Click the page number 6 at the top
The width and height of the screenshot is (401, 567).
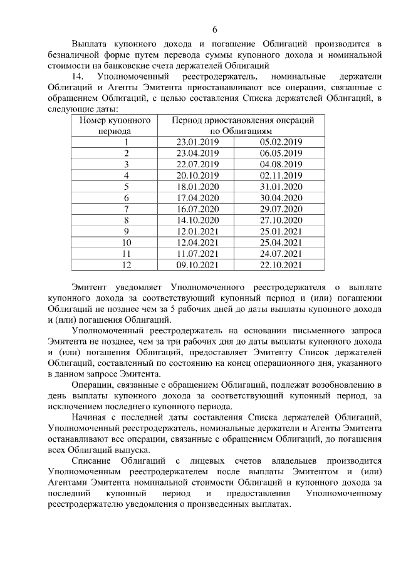coord(214,30)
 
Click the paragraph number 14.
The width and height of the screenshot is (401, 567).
coord(80,76)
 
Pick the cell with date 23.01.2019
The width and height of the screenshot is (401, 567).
coord(197,142)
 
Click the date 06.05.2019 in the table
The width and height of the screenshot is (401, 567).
coord(280,153)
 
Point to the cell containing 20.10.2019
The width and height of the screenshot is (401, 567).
coord(197,175)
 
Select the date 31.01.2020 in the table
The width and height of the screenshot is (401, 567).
coord(280,186)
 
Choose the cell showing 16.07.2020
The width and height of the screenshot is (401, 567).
coord(197,208)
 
